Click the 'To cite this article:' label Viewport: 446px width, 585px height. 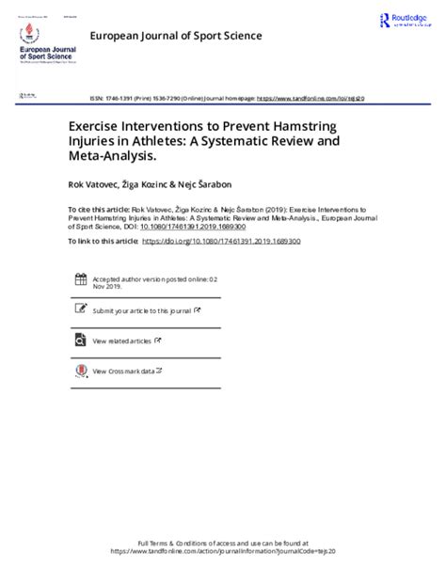click(100, 210)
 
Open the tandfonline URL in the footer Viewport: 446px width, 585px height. click(223, 551)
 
